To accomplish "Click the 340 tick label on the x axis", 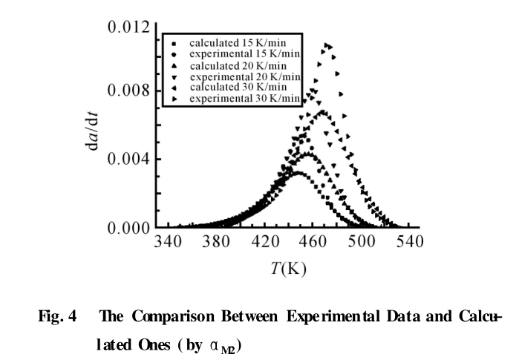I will pos(170,242).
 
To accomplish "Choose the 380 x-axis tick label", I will pos(218,242).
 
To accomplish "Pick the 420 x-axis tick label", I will pos(267,242).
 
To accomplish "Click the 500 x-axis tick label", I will pos(362,242).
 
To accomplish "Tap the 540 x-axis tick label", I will pos(410,242).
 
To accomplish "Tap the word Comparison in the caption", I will pos(165,315).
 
